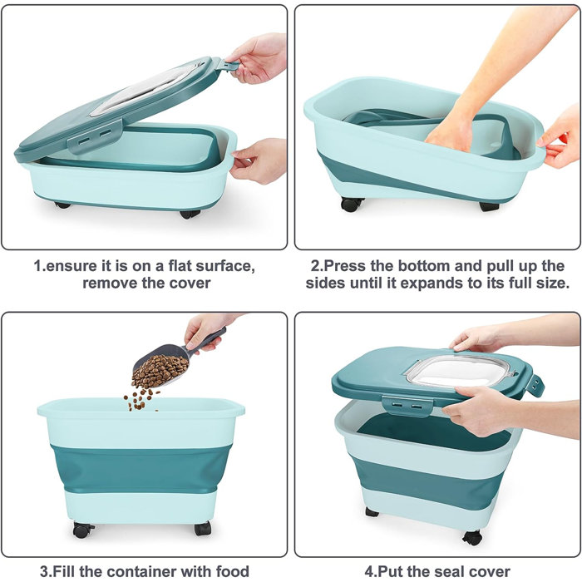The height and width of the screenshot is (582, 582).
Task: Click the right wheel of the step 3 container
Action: [202, 528]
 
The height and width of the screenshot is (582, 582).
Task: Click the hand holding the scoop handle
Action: [204, 329]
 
